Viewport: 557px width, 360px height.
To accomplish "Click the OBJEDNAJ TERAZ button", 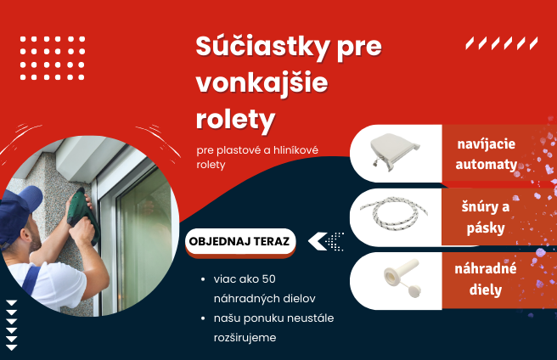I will click(x=239, y=241).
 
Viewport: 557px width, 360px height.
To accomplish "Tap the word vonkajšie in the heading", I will click(x=262, y=83).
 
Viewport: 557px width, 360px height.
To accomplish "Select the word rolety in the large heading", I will click(x=235, y=119).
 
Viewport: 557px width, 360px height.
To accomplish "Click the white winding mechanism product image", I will click(x=396, y=155).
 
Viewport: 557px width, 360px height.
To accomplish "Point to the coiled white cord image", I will click(x=396, y=217).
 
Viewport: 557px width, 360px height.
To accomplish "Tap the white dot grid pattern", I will click(x=52, y=58).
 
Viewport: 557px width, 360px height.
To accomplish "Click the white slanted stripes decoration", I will click(x=501, y=43).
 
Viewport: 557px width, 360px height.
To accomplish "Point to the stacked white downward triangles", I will click(x=12, y=323).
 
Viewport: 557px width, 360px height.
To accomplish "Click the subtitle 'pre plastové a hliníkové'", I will click(x=256, y=150).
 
